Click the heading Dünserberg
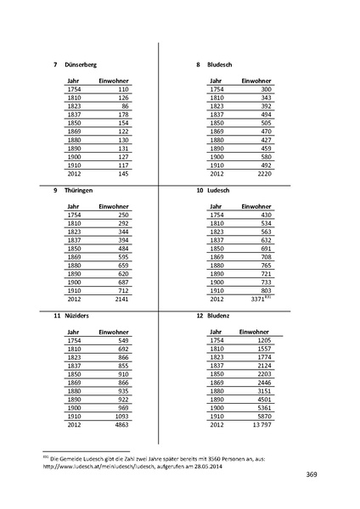(x=81, y=65)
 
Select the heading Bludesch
(x=223, y=65)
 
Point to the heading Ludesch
(x=222, y=191)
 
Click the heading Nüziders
(x=77, y=316)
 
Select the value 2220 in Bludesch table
(x=264, y=174)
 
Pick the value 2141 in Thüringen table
(x=120, y=299)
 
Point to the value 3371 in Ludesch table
(x=260, y=299)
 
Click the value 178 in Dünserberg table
(x=123, y=114)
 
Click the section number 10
(x=200, y=191)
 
